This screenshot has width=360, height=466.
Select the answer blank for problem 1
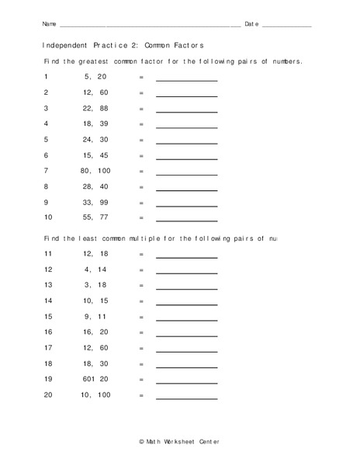[x=187, y=80]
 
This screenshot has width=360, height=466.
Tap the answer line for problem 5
[x=187, y=143]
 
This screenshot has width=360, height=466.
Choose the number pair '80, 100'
[x=95, y=170]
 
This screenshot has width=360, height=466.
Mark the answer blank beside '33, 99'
[x=187, y=205]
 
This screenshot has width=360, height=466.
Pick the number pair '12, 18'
[x=95, y=254]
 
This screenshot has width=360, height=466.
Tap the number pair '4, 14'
[x=95, y=270]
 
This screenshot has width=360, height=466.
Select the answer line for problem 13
[x=187, y=288]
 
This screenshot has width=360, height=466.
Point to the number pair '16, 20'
[x=95, y=332]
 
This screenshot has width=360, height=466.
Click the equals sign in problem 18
[x=141, y=363]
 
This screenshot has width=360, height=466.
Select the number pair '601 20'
[x=95, y=380]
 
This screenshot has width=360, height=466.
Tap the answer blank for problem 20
[x=187, y=398]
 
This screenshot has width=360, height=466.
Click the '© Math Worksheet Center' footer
[x=180, y=441]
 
